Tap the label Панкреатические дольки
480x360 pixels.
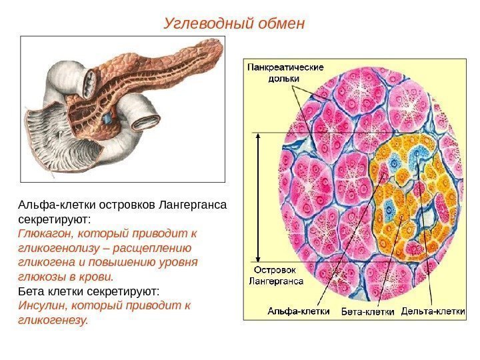click(x=286, y=72)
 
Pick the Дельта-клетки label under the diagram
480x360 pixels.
click(x=433, y=311)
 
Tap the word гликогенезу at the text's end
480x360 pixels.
click(x=51, y=320)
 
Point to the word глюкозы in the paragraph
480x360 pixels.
click(x=39, y=277)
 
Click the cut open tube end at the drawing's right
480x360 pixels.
click(x=146, y=122)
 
